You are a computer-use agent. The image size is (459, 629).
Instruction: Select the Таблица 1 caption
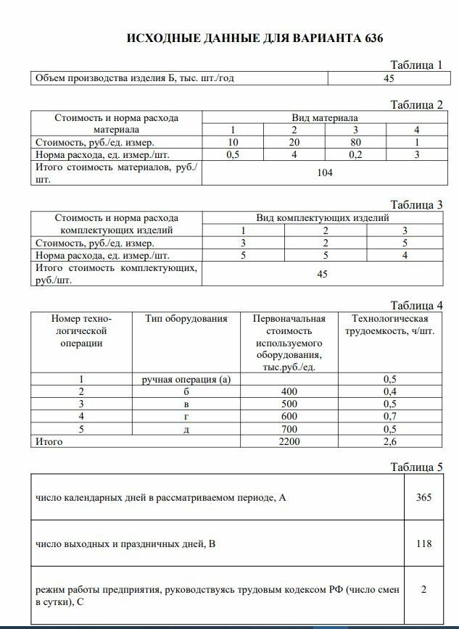click(x=415, y=65)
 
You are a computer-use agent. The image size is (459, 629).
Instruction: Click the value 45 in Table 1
click(x=388, y=78)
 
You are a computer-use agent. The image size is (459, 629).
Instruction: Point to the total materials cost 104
click(x=325, y=172)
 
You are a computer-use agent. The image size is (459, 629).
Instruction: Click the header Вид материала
click(x=325, y=117)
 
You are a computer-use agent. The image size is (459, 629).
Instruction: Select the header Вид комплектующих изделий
click(x=323, y=217)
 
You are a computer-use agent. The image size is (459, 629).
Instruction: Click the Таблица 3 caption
click(x=415, y=205)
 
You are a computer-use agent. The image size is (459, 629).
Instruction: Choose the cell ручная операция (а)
click(x=186, y=379)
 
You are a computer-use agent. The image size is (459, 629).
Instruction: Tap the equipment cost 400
click(x=289, y=391)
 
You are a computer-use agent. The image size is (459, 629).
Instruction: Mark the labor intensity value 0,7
click(x=389, y=416)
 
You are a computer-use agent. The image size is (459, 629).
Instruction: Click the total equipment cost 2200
click(x=289, y=441)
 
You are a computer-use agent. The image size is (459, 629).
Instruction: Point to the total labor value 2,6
click(x=389, y=441)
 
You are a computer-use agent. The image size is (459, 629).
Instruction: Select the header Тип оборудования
click(x=186, y=318)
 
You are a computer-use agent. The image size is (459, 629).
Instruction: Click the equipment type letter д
click(x=186, y=428)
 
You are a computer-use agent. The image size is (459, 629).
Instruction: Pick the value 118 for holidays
click(x=423, y=543)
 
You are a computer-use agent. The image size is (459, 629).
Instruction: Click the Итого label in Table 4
click(x=49, y=441)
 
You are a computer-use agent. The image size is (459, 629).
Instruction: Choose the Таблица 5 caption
click(x=415, y=467)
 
